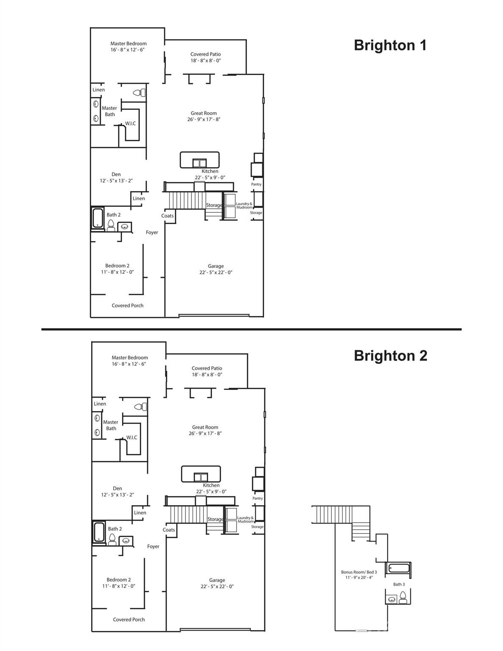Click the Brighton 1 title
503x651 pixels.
390,45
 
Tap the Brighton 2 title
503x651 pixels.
390,356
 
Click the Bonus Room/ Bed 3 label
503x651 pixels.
359,572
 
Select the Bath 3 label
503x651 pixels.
399,584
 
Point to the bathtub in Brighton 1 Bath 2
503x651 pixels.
97,218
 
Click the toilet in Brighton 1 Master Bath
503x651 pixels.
139,93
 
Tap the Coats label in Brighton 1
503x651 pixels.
167,216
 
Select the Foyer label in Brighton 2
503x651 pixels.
153,546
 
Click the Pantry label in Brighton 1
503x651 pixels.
256,184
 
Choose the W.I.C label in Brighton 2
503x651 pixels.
131,437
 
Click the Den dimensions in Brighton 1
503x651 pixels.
116,181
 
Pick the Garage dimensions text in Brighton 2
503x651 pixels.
217,587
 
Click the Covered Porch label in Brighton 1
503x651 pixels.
128,306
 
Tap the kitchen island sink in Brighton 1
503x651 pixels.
200,163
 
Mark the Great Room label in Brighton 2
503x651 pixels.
205,427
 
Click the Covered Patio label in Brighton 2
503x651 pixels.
207,368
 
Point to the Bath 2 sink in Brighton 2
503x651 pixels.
125,540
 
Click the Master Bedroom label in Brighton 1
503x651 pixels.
128,43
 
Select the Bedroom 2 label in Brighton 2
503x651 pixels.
119,580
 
